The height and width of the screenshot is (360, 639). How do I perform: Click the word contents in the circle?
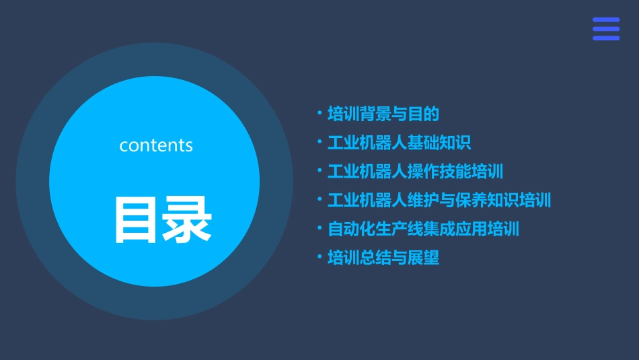(x=156, y=145)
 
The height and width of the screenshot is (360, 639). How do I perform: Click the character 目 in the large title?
(x=137, y=219)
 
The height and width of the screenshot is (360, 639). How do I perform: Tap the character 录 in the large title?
(x=187, y=219)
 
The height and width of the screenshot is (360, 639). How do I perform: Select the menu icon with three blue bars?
(x=606, y=29)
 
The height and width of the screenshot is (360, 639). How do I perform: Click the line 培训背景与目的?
(x=383, y=114)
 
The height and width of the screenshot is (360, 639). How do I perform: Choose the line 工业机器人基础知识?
(x=399, y=143)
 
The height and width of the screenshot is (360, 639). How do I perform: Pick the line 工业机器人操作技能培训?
(x=415, y=171)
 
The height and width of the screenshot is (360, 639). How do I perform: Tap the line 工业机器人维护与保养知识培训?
(x=439, y=200)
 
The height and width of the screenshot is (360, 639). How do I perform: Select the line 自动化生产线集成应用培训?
(x=423, y=229)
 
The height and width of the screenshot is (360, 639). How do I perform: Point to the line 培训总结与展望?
(x=383, y=258)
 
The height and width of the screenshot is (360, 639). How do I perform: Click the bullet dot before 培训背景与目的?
(x=319, y=113)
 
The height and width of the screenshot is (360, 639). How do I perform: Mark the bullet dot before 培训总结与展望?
(x=319, y=257)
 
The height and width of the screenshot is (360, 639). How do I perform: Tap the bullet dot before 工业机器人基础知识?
(x=319, y=142)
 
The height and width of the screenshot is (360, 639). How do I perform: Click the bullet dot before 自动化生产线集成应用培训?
(x=319, y=228)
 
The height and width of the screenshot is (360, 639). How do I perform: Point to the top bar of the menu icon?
(x=606, y=20)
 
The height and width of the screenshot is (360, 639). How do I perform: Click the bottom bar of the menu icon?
(x=606, y=38)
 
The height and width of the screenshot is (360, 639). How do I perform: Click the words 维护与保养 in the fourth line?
(x=447, y=200)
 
